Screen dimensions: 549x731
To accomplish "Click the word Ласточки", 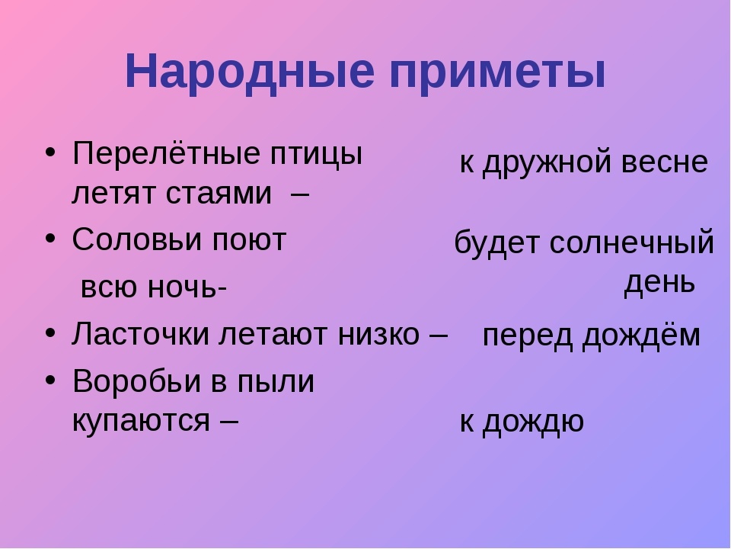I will [140, 334].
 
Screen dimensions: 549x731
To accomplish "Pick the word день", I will [659, 283].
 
